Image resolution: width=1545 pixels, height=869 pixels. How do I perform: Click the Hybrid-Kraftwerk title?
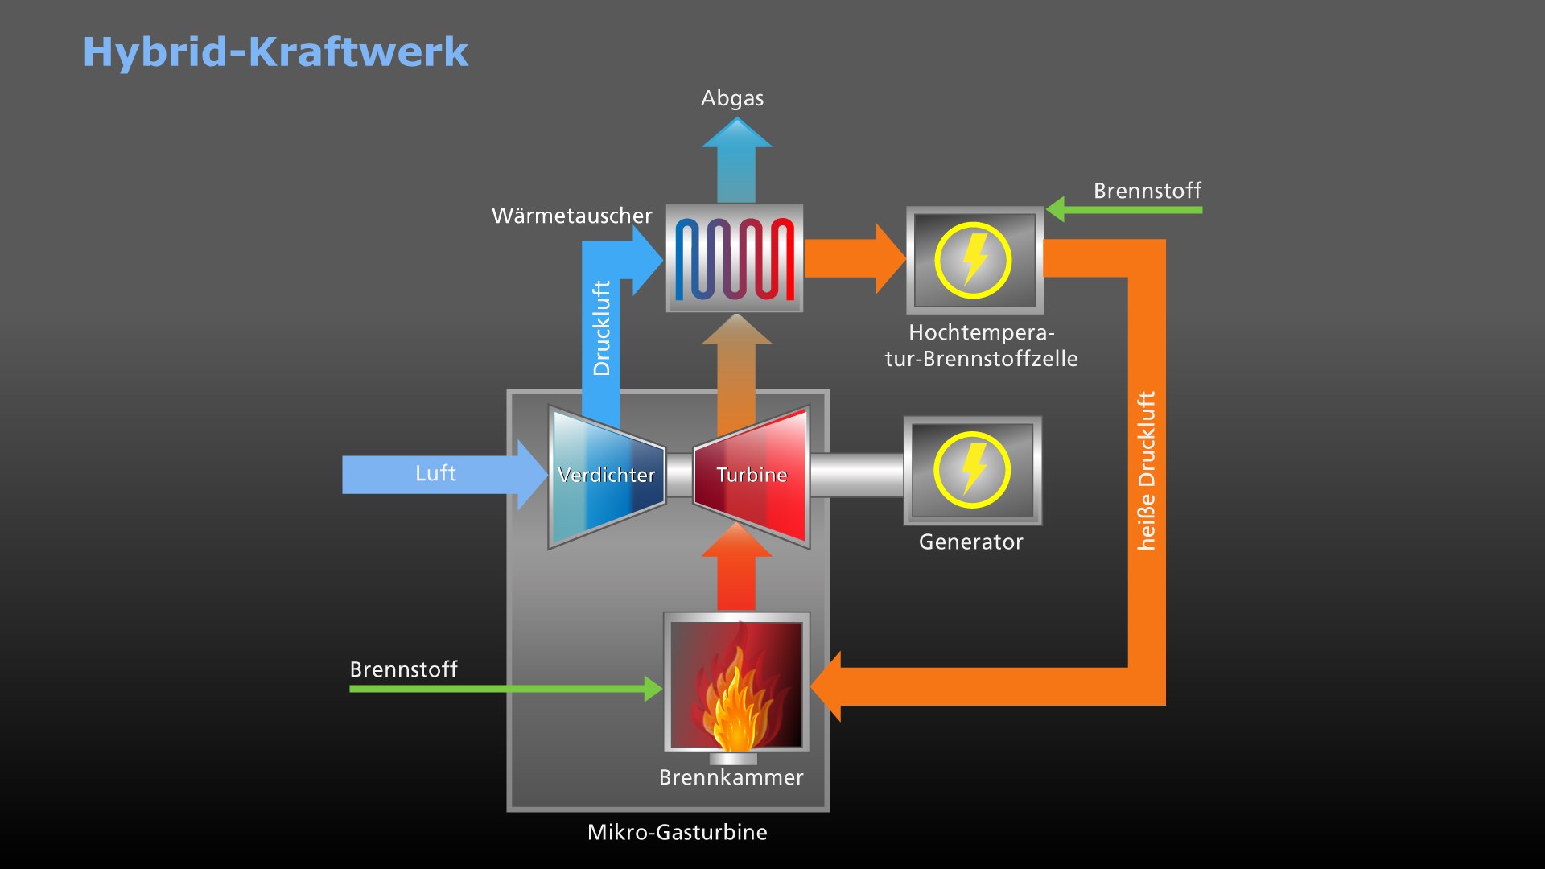point(275,52)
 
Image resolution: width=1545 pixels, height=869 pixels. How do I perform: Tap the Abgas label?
point(732,98)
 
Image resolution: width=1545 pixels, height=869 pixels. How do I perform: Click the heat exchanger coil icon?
point(734,258)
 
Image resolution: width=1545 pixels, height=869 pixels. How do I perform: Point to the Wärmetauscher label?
point(571,216)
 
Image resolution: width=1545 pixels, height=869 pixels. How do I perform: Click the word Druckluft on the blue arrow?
point(601,327)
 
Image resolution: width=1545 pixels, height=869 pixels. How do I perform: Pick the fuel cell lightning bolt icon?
point(974,260)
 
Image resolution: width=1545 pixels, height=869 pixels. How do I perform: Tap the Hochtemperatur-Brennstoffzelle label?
point(981,345)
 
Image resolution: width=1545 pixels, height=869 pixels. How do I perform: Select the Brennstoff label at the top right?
point(1147,191)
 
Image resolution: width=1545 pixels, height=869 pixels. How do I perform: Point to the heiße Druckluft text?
point(1146,471)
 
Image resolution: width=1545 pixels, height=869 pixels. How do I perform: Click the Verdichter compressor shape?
point(607,476)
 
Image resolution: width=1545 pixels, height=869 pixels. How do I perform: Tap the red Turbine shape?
point(752,476)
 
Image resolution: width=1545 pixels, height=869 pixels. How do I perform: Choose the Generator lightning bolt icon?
point(973,470)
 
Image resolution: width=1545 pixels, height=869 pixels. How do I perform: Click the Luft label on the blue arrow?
point(435,473)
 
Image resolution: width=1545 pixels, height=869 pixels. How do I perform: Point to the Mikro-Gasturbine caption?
point(677,832)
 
